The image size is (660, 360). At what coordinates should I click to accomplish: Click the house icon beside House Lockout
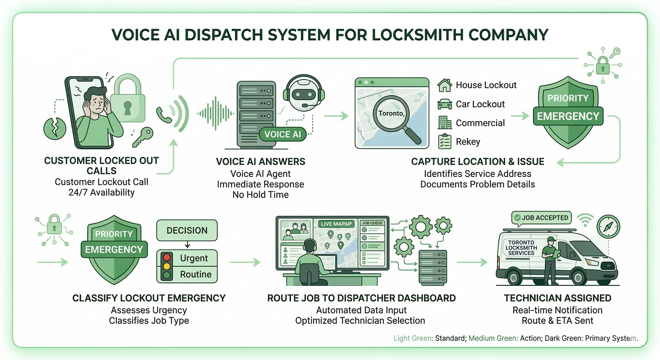pyautogui.click(x=445, y=85)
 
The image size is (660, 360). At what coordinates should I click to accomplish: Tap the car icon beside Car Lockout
pyautogui.click(x=445, y=104)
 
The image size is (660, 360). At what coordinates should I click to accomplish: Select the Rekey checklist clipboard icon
pyautogui.click(x=445, y=141)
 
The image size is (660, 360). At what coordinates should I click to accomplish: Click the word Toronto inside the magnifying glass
pyautogui.click(x=391, y=113)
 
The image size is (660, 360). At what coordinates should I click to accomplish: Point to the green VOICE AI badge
pyautogui.click(x=283, y=134)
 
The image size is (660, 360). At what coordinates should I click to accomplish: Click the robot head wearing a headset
pyautogui.click(x=304, y=94)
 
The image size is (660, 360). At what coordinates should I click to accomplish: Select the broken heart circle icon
pyautogui.click(x=55, y=128)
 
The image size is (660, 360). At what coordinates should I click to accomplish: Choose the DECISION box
pyautogui.click(x=187, y=230)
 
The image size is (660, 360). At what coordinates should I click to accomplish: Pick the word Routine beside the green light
pyautogui.click(x=196, y=274)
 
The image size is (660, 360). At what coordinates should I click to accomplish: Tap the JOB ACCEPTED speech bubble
pyautogui.click(x=541, y=218)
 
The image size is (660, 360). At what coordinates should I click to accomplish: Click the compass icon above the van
pyautogui.click(x=608, y=226)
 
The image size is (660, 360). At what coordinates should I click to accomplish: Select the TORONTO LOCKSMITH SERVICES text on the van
pyautogui.click(x=521, y=248)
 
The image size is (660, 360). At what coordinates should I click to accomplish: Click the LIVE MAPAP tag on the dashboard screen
pyautogui.click(x=336, y=224)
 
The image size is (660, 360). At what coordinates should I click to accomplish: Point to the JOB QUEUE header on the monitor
pyautogui.click(x=372, y=223)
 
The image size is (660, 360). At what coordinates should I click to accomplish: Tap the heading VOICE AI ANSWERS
pyautogui.click(x=260, y=162)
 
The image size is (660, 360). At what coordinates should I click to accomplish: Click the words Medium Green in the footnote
pyautogui.click(x=493, y=338)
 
